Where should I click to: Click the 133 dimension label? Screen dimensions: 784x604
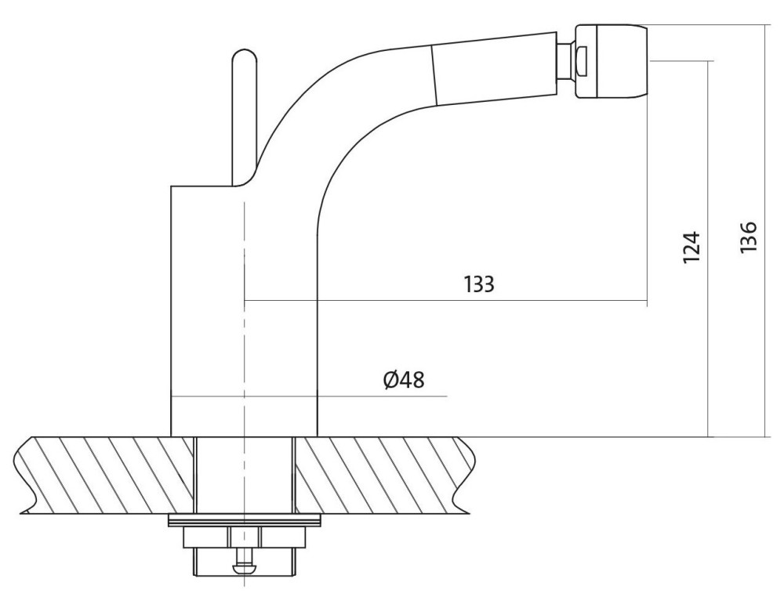click(479, 284)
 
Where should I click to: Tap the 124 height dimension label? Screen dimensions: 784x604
click(691, 248)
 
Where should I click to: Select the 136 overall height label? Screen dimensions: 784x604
click(749, 237)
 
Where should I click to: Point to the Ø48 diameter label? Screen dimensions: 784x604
click(404, 379)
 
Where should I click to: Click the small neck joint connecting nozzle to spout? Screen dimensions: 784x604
click(567, 60)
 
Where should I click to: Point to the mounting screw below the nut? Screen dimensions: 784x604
click(244, 561)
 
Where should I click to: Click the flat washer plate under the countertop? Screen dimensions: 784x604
click(244, 521)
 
